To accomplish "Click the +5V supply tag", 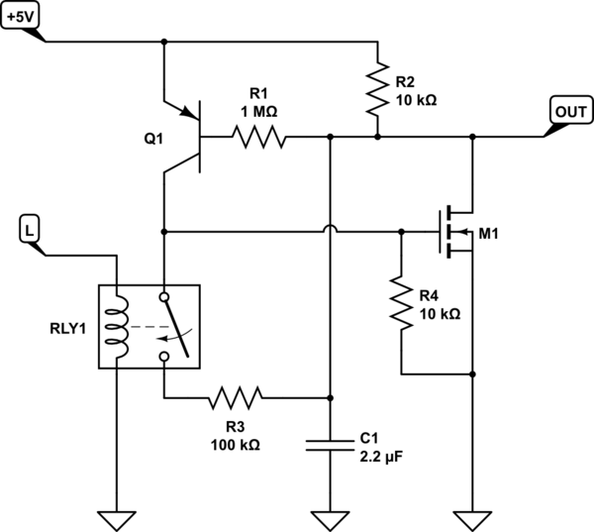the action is point(20,18).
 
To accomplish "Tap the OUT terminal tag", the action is point(571,112).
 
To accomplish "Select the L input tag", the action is point(29,230).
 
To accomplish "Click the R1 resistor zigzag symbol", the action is point(259,137).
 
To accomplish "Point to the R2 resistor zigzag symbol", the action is point(378,89).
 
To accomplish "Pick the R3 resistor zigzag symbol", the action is point(236,398).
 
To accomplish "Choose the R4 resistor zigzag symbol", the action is point(402,302).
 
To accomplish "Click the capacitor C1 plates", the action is point(330,446).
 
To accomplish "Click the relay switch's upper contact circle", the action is point(164,297).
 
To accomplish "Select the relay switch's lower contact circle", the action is point(164,357).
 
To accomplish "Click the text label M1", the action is point(488,234).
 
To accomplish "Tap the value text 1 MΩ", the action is point(259,112).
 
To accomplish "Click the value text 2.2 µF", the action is point(381,457).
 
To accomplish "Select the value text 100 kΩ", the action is point(236,445).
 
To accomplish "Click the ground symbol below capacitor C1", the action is point(330,521).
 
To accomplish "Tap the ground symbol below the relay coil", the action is point(117,521).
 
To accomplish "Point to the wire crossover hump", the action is point(331,228).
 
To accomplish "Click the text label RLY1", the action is point(68,328).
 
